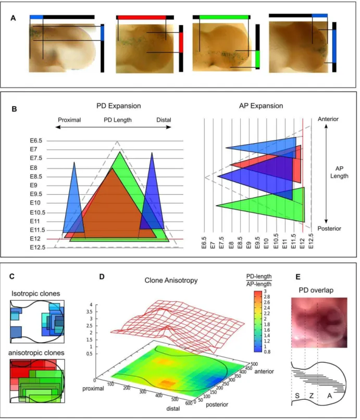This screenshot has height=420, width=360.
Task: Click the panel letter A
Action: pos(13,18)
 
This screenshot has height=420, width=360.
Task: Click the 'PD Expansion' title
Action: pos(118,106)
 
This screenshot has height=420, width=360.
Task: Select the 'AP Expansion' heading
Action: pos(261,106)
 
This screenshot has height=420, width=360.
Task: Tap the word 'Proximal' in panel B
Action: pos(69,120)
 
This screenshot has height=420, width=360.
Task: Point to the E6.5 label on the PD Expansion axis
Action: pos(36,141)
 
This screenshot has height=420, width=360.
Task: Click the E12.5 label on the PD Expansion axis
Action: pos(38,247)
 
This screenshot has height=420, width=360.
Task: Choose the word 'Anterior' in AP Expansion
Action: pos(328,119)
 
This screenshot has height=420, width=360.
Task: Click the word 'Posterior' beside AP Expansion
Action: pos(329,228)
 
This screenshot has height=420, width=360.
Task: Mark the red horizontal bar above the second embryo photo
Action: pos(142,17)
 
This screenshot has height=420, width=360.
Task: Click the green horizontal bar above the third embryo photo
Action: pos(224,17)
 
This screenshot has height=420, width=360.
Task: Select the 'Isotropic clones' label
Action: pos(35,294)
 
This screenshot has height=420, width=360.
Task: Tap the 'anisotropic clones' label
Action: pos(36,353)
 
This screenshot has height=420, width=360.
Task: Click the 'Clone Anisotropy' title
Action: pos(171,280)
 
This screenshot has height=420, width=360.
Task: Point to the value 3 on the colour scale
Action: pos(265,291)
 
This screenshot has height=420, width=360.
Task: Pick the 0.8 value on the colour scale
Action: pos(267,351)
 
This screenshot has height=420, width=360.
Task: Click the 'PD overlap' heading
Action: pos(316,290)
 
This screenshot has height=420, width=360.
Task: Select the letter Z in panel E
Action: pos(311,396)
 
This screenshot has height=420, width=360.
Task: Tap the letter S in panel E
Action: pos(297,396)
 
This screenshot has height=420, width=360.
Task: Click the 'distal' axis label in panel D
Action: pos(173,409)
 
